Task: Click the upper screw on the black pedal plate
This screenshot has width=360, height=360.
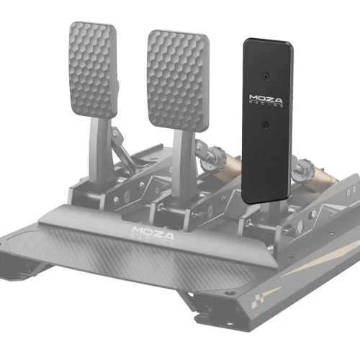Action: [266, 76]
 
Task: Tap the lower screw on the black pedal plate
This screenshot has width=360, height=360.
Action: [265, 125]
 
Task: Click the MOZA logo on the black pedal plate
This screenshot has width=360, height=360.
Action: [266, 101]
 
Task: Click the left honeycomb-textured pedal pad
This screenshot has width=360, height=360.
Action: [94, 71]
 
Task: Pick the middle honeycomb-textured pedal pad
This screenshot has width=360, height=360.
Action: [178, 81]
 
